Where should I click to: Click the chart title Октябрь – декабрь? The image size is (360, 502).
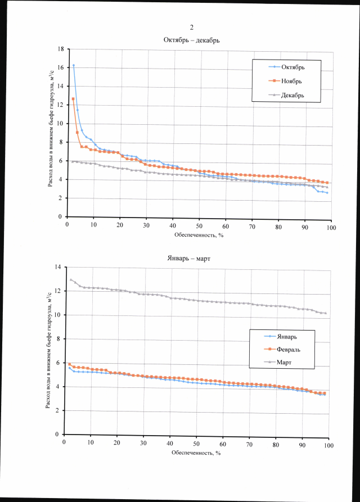click(x=191, y=40)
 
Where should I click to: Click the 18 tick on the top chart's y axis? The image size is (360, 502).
click(x=60, y=49)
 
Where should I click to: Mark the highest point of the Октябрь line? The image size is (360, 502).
click(x=73, y=66)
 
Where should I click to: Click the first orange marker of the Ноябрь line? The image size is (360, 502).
click(x=73, y=99)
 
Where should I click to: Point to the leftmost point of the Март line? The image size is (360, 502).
click(x=71, y=279)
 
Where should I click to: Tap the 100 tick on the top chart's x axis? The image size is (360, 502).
click(x=331, y=227)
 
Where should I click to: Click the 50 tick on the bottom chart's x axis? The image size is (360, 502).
click(x=196, y=445)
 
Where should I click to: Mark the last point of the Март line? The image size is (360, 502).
click(x=325, y=313)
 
